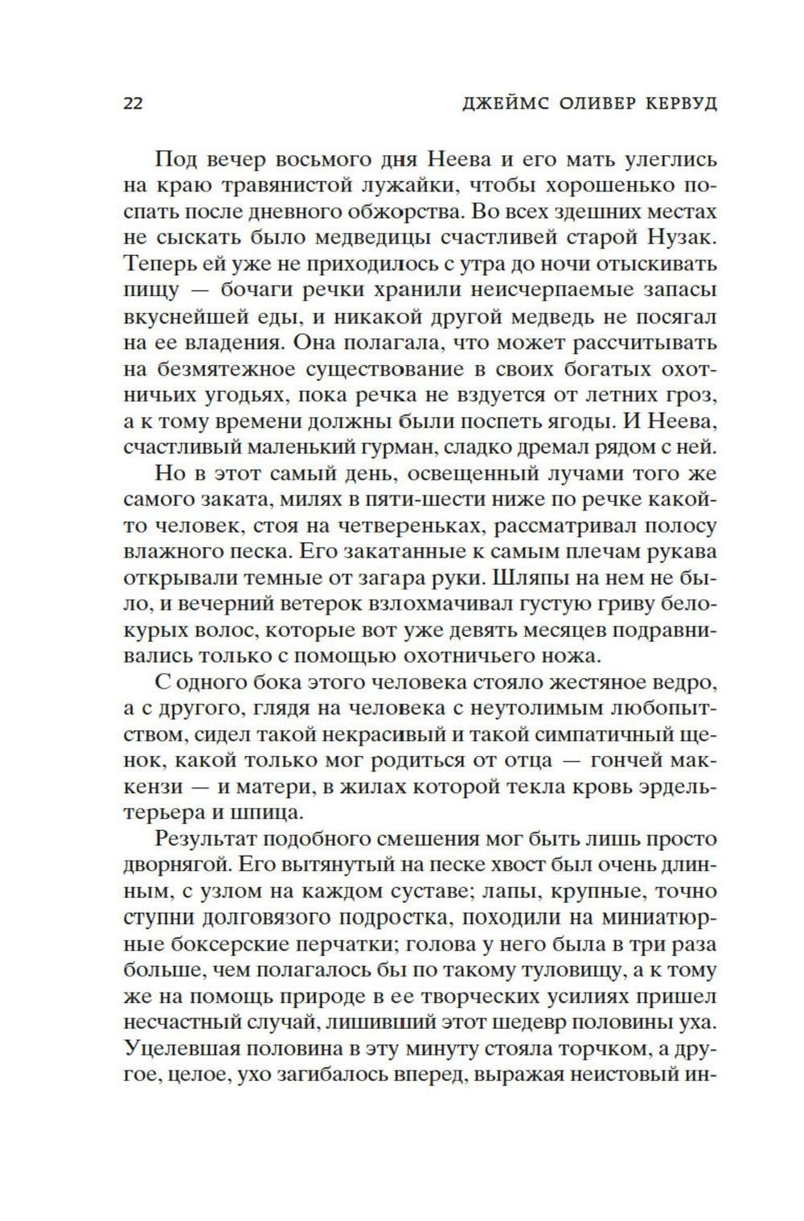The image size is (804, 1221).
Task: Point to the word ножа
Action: coord(572,656)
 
